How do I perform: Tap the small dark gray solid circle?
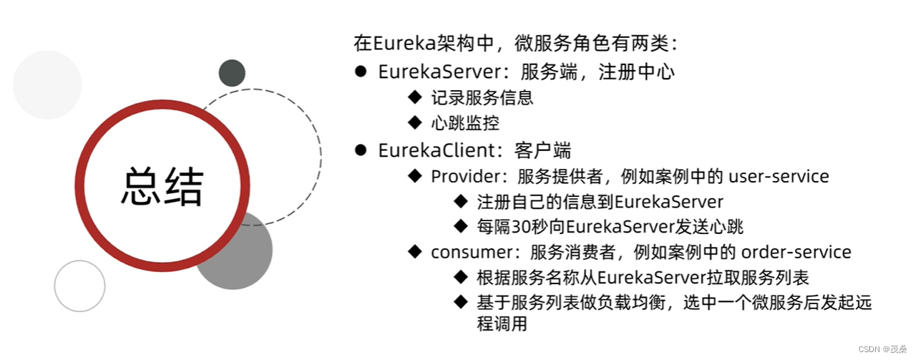coord(232,72)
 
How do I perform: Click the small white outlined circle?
coord(79,286)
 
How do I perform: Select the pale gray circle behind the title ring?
coord(47,84)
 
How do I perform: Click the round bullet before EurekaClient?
coord(361,150)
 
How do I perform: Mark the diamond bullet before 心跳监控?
coord(415,122)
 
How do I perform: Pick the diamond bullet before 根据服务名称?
coord(461,277)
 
